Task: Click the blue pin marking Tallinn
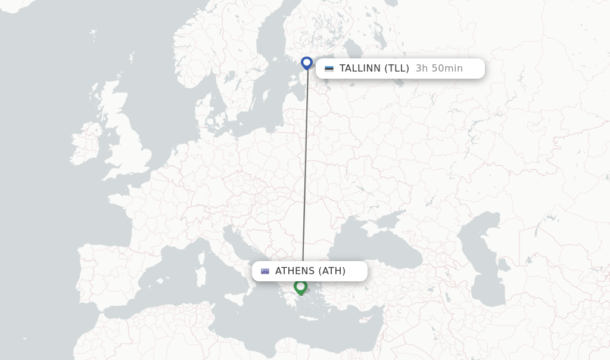[x=307, y=63]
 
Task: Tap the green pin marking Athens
[x=300, y=287]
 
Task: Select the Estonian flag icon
[x=329, y=69]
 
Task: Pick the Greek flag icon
[x=265, y=271]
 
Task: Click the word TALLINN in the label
[x=360, y=69]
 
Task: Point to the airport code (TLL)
[x=396, y=69]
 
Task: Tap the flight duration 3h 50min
[x=439, y=69]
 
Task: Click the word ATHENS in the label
[x=295, y=271]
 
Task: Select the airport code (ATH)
[x=332, y=271]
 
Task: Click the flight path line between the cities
[x=305, y=167]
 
